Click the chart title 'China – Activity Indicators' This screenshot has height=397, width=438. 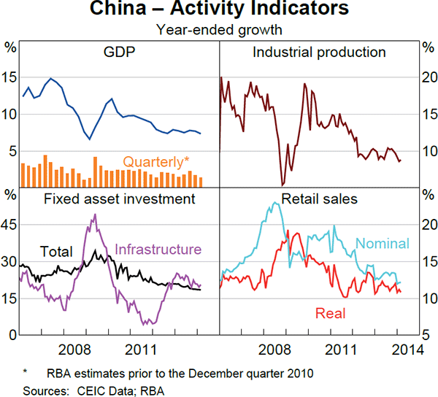[219, 10]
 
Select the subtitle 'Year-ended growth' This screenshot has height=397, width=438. [219, 30]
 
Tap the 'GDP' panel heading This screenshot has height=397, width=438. [118, 53]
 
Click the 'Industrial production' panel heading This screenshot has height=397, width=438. [319, 53]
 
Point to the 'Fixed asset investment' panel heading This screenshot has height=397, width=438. [119, 198]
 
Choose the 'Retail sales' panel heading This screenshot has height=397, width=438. [319, 198]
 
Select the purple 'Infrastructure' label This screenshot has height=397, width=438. [158, 250]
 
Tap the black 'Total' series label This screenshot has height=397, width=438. [56, 253]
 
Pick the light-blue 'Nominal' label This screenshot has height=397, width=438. [383, 244]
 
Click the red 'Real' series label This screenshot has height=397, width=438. [330, 314]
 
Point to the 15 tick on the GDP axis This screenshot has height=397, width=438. [9, 77]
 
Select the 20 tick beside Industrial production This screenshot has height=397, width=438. [429, 77]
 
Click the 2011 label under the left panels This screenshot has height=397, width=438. [139, 349]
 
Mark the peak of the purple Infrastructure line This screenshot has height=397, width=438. [94, 215]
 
